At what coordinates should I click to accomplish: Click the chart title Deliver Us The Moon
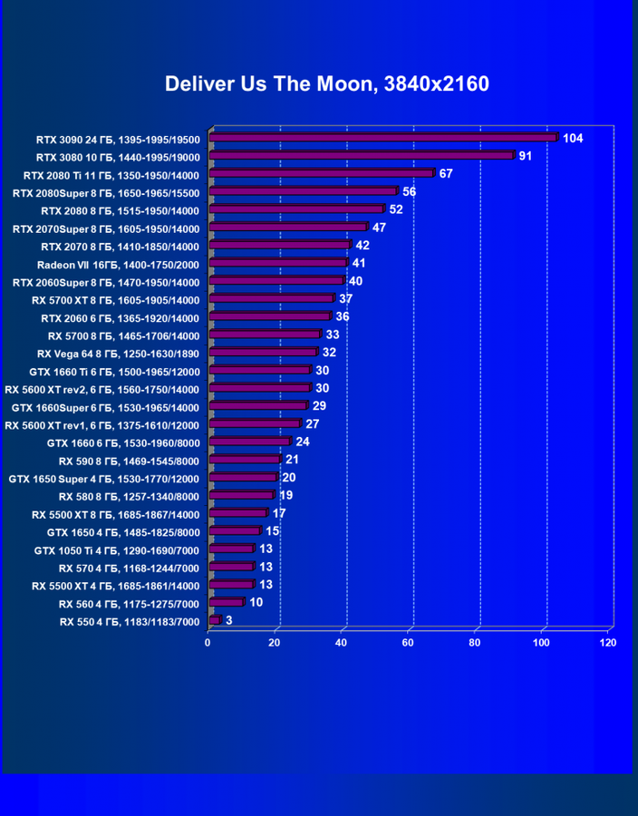pyautogui.click(x=326, y=84)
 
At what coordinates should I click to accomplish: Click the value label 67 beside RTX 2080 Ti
pyautogui.click(x=446, y=173)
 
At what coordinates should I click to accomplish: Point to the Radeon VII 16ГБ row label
pyautogui.click(x=118, y=264)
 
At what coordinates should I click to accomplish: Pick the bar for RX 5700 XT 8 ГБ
pyautogui.click(x=271, y=298)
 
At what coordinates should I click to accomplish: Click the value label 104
pyautogui.click(x=573, y=138)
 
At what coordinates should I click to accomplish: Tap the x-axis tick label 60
pyautogui.click(x=408, y=642)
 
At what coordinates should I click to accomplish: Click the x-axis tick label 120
pyautogui.click(x=608, y=642)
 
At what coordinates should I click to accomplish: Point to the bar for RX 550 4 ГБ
pyautogui.click(x=215, y=620)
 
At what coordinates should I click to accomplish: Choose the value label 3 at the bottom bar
pyautogui.click(x=228, y=620)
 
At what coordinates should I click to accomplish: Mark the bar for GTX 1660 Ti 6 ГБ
pyautogui.click(x=259, y=370)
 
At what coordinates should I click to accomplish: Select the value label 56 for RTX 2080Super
pyautogui.click(x=410, y=191)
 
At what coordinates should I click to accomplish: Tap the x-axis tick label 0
pyautogui.click(x=208, y=642)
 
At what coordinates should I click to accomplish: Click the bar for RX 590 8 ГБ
pyautogui.click(x=244, y=460)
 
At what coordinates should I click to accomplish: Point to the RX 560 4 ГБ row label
pyautogui.click(x=129, y=603)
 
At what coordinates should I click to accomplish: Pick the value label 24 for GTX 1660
pyautogui.click(x=303, y=442)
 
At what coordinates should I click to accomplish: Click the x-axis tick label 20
pyautogui.click(x=275, y=642)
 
